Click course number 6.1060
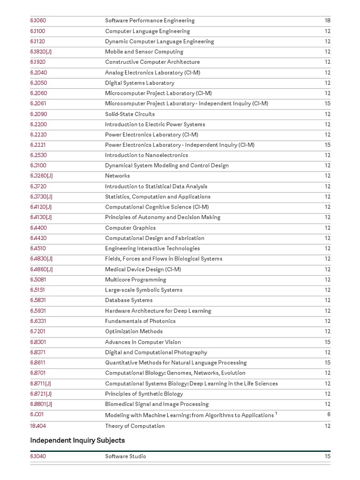point(38,21)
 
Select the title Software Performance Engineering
point(150,21)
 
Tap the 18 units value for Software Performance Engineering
point(327,21)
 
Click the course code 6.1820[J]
point(41,52)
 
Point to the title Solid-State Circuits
point(130,114)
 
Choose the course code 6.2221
point(38,145)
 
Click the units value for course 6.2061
point(327,104)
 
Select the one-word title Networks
point(117,176)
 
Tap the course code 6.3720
point(38,187)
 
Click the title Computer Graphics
point(130,228)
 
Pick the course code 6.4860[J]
point(41,270)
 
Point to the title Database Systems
point(128,300)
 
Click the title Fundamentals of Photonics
point(140,321)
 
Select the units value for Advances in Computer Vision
point(327,342)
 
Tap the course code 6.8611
point(38,363)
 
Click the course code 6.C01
point(37,415)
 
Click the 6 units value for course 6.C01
point(329,415)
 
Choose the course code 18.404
point(38,426)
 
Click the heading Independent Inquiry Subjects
point(77,441)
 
